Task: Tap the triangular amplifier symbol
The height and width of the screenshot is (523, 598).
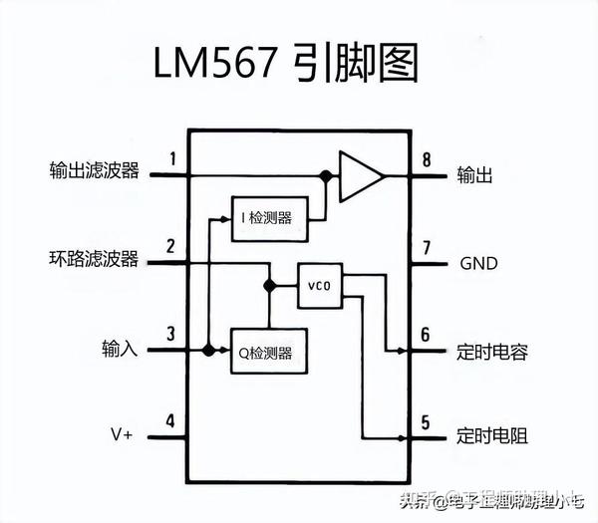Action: [x=359, y=175]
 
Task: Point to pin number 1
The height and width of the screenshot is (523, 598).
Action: [x=172, y=157]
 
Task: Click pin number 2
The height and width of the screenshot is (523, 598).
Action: [x=172, y=246]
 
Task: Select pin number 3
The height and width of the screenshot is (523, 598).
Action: [x=172, y=334]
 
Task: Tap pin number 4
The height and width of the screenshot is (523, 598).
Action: [x=172, y=420]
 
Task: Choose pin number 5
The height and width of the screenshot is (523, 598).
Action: [x=426, y=421]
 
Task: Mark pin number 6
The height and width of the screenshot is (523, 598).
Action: [x=426, y=335]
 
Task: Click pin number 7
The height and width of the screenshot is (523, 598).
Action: [x=426, y=247]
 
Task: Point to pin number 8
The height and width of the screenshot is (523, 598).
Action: [x=426, y=159]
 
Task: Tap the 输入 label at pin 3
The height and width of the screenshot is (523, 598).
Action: [x=119, y=349]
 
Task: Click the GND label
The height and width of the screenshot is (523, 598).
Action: [x=478, y=264]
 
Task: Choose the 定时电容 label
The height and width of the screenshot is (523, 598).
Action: [x=492, y=351]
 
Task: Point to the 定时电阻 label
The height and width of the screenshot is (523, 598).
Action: [x=492, y=436]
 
